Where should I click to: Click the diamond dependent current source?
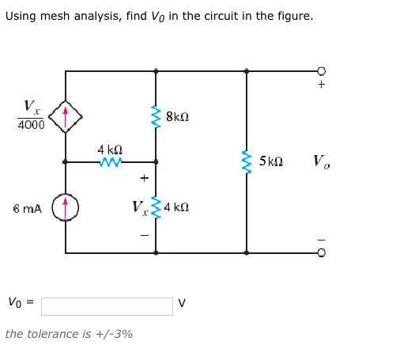[x=66, y=116]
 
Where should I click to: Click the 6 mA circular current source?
[x=66, y=208]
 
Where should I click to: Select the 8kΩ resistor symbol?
[x=156, y=117]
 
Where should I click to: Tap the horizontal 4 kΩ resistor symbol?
[x=111, y=162]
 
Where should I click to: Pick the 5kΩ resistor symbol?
[x=247, y=162]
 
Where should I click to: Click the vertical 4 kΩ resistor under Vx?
[x=156, y=208]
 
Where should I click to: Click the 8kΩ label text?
[x=177, y=117]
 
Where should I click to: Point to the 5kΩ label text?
[x=270, y=162]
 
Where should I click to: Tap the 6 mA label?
[x=28, y=209]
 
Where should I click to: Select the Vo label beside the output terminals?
[x=321, y=162]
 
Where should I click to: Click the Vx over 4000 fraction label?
[x=30, y=116]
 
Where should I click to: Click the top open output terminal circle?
[x=322, y=71]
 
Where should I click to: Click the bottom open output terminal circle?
[x=322, y=253]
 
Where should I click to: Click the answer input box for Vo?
[x=107, y=306]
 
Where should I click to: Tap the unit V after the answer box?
[x=182, y=303]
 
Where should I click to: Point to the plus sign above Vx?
[x=144, y=178]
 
